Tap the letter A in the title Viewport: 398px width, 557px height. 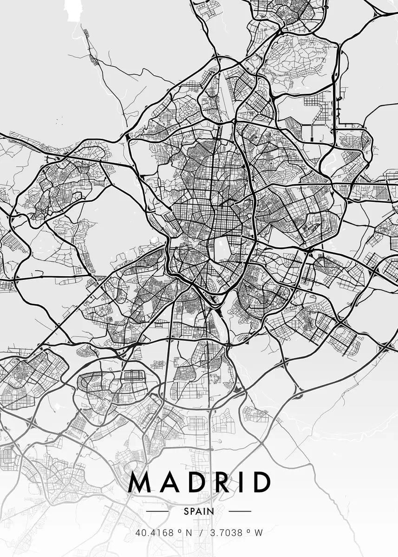coord(167,482)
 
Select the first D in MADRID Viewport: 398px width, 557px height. coord(193,482)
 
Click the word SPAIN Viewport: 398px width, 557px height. coord(199,511)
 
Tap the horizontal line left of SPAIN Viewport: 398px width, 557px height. coord(157,511)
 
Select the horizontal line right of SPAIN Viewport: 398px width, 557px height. coord(240,511)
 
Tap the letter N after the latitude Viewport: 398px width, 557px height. coord(189,533)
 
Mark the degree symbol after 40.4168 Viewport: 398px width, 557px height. coord(178,531)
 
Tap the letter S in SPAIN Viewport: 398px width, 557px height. coord(186,511)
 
